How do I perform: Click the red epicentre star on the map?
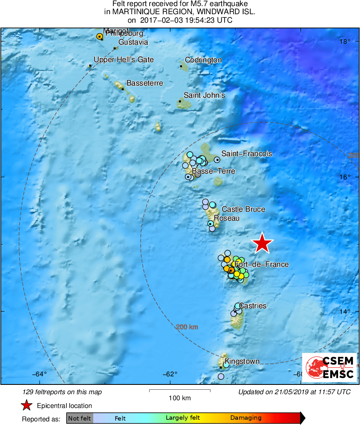(262, 243)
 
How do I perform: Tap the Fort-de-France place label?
(262, 264)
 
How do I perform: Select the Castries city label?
(253, 305)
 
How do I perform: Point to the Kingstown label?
(242, 361)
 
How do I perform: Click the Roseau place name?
(227, 218)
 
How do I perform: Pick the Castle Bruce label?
(243, 209)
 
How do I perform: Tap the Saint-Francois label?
(246, 154)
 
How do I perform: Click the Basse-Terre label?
(213, 171)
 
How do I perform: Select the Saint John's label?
(204, 95)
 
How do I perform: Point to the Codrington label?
(204, 60)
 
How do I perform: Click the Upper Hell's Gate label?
(124, 60)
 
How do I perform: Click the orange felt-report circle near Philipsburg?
(99, 36)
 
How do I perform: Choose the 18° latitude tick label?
(345, 41)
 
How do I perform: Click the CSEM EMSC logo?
(329, 367)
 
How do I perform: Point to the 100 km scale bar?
(180, 391)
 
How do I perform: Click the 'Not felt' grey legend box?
(79, 418)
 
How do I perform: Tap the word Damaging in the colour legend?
(246, 418)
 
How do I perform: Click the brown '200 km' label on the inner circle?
(187, 326)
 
